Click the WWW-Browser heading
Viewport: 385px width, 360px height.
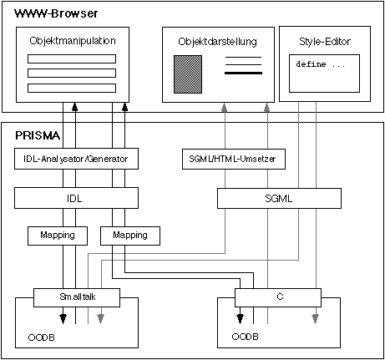point(56,13)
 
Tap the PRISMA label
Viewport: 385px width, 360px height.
point(38,135)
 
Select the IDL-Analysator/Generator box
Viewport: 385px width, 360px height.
point(76,159)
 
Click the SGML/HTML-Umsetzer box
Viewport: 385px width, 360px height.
point(234,159)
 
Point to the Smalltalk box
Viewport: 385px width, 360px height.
point(77,297)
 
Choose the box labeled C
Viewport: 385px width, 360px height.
point(278,297)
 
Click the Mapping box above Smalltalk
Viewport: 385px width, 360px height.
point(58,236)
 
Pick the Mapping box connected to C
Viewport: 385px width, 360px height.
point(130,236)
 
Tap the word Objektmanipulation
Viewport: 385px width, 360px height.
point(73,41)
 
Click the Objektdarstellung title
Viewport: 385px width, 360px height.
point(217,42)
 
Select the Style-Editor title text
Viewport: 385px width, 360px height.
point(325,42)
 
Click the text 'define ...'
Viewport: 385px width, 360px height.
point(321,64)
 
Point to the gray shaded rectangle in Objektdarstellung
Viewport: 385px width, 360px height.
point(188,74)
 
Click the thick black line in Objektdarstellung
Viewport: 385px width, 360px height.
point(243,74)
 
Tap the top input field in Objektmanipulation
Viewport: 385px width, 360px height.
point(72,59)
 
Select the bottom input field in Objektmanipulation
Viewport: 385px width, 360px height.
point(72,88)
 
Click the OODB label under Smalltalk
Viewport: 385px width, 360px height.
point(42,337)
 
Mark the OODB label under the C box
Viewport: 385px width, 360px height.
point(245,337)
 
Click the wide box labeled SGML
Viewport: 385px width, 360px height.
point(279,199)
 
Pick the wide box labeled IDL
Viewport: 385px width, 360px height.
point(76,198)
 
